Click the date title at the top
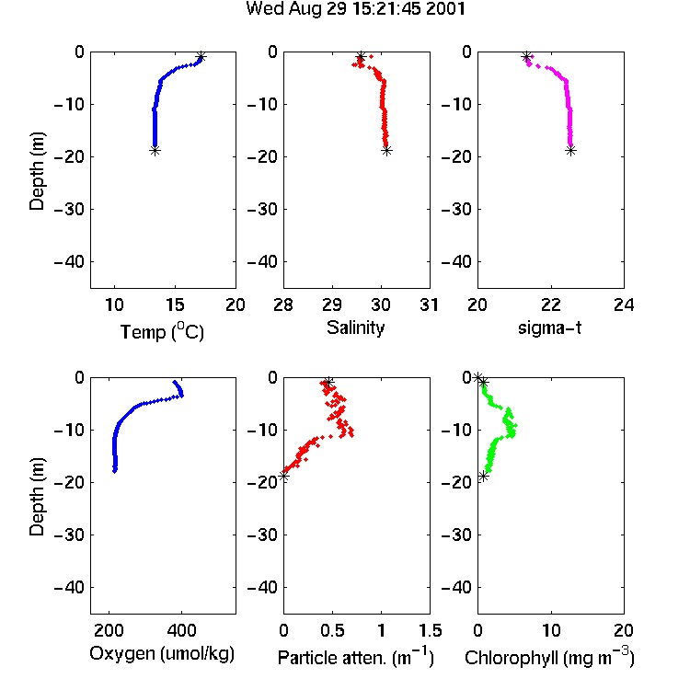coord(355,9)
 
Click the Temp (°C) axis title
coord(162,331)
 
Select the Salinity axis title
coord(355,328)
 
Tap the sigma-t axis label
coord(549,328)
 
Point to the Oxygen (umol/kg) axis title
coord(162,653)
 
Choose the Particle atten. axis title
coord(356,658)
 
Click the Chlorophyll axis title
coord(549,658)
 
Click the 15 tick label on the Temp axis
coord(175,305)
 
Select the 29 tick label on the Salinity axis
coord(332,305)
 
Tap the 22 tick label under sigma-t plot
coord(550,305)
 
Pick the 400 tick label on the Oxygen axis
coord(182,630)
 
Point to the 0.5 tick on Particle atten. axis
coord(332,630)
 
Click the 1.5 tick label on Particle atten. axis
coord(430,630)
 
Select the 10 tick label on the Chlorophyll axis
coord(550,630)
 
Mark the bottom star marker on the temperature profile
coord(155,151)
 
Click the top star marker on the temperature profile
coord(201,57)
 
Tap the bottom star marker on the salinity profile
coord(386,151)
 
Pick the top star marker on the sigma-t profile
coord(526,57)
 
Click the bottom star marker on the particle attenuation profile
coord(284,477)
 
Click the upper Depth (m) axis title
coord(37,171)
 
